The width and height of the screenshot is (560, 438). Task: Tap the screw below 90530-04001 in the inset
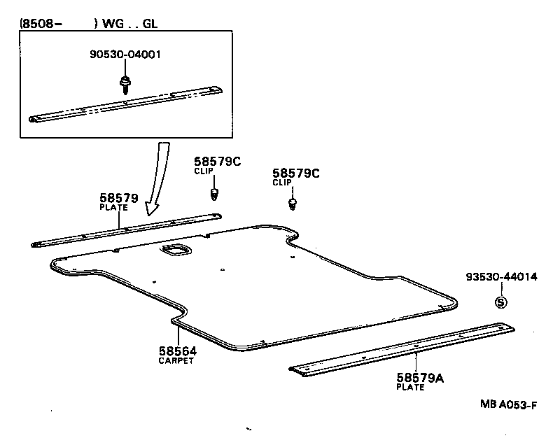(x=124, y=85)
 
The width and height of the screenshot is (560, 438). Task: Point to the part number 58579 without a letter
(x=120, y=198)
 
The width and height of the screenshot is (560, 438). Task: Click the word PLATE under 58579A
(x=410, y=388)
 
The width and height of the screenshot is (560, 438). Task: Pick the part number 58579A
(x=421, y=379)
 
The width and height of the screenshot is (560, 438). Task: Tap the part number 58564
(x=178, y=351)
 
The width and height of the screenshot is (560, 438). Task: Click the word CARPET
(x=178, y=361)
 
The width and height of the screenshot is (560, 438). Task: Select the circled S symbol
(x=500, y=302)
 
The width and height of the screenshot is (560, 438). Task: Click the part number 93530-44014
(x=501, y=277)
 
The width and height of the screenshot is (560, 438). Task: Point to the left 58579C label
(x=218, y=162)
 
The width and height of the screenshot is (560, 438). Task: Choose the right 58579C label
(x=295, y=174)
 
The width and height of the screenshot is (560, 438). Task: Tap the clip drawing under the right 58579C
(x=293, y=204)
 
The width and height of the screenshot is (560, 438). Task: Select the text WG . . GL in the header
(x=131, y=23)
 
